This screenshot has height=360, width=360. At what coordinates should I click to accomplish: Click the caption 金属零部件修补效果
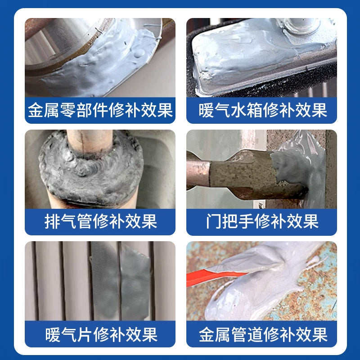[x=100, y=110]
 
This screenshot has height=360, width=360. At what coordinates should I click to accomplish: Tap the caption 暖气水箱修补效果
[x=263, y=110]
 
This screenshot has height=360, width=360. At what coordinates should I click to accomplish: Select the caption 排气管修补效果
[x=101, y=221]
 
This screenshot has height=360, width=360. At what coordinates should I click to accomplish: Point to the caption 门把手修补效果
[x=262, y=221]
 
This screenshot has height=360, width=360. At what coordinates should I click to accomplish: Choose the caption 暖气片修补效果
[x=101, y=334]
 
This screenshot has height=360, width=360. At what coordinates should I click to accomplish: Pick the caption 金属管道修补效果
[x=263, y=334]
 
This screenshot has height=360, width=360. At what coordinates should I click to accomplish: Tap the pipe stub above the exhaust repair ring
[x=90, y=141]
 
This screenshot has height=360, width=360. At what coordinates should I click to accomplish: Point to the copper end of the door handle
[x=198, y=173]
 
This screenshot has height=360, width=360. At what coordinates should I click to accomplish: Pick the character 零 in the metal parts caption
[x=68, y=110]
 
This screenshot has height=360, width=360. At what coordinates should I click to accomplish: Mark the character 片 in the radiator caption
[x=85, y=334]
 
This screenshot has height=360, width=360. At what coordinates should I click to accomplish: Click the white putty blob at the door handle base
[x=298, y=170]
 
